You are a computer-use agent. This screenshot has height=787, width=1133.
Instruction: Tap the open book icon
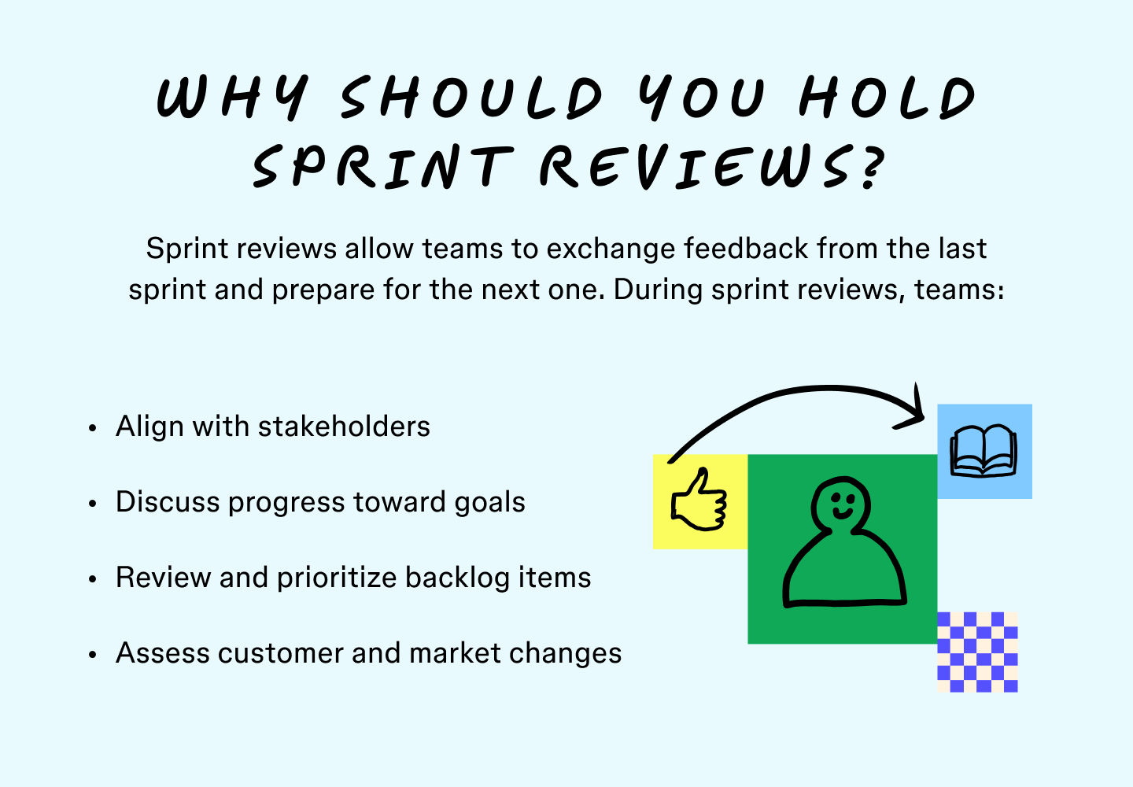tap(984, 451)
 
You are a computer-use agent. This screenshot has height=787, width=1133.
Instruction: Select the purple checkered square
tap(977, 652)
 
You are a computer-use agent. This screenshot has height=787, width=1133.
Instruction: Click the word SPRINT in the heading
tap(381, 166)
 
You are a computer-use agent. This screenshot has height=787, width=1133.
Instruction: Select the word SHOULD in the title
tap(471, 98)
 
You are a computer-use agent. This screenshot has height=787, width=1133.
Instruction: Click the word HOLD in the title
tap(887, 98)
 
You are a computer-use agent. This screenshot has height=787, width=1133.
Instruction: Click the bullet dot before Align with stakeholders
tap(93, 428)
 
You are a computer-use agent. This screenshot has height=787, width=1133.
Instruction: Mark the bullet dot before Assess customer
tap(93, 655)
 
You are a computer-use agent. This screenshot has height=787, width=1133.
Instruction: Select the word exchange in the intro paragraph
tap(611, 249)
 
